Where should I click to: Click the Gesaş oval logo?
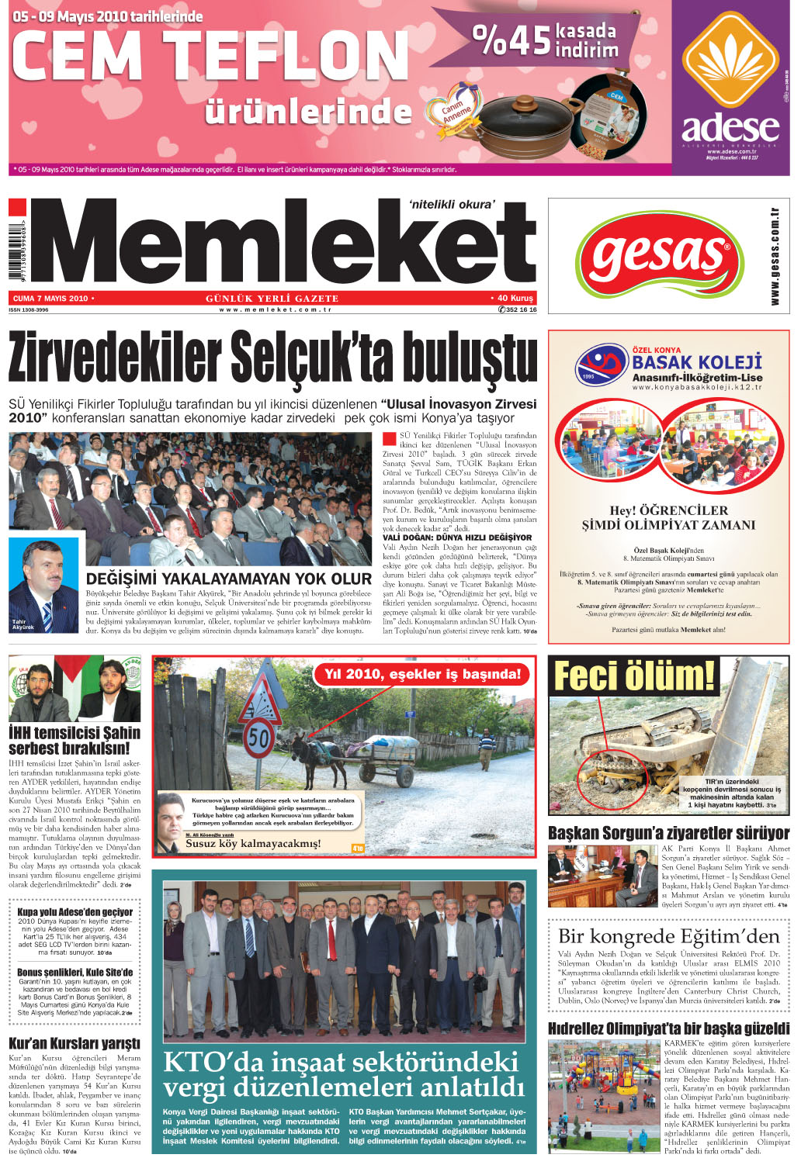click(658, 255)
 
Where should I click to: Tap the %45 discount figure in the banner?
click(511, 40)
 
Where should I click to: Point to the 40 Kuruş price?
click(515, 299)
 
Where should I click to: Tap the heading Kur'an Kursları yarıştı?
click(75, 1043)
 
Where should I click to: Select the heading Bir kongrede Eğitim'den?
click(669, 936)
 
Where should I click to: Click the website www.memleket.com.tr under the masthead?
click(275, 309)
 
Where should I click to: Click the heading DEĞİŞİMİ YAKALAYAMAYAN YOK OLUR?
click(229, 579)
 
